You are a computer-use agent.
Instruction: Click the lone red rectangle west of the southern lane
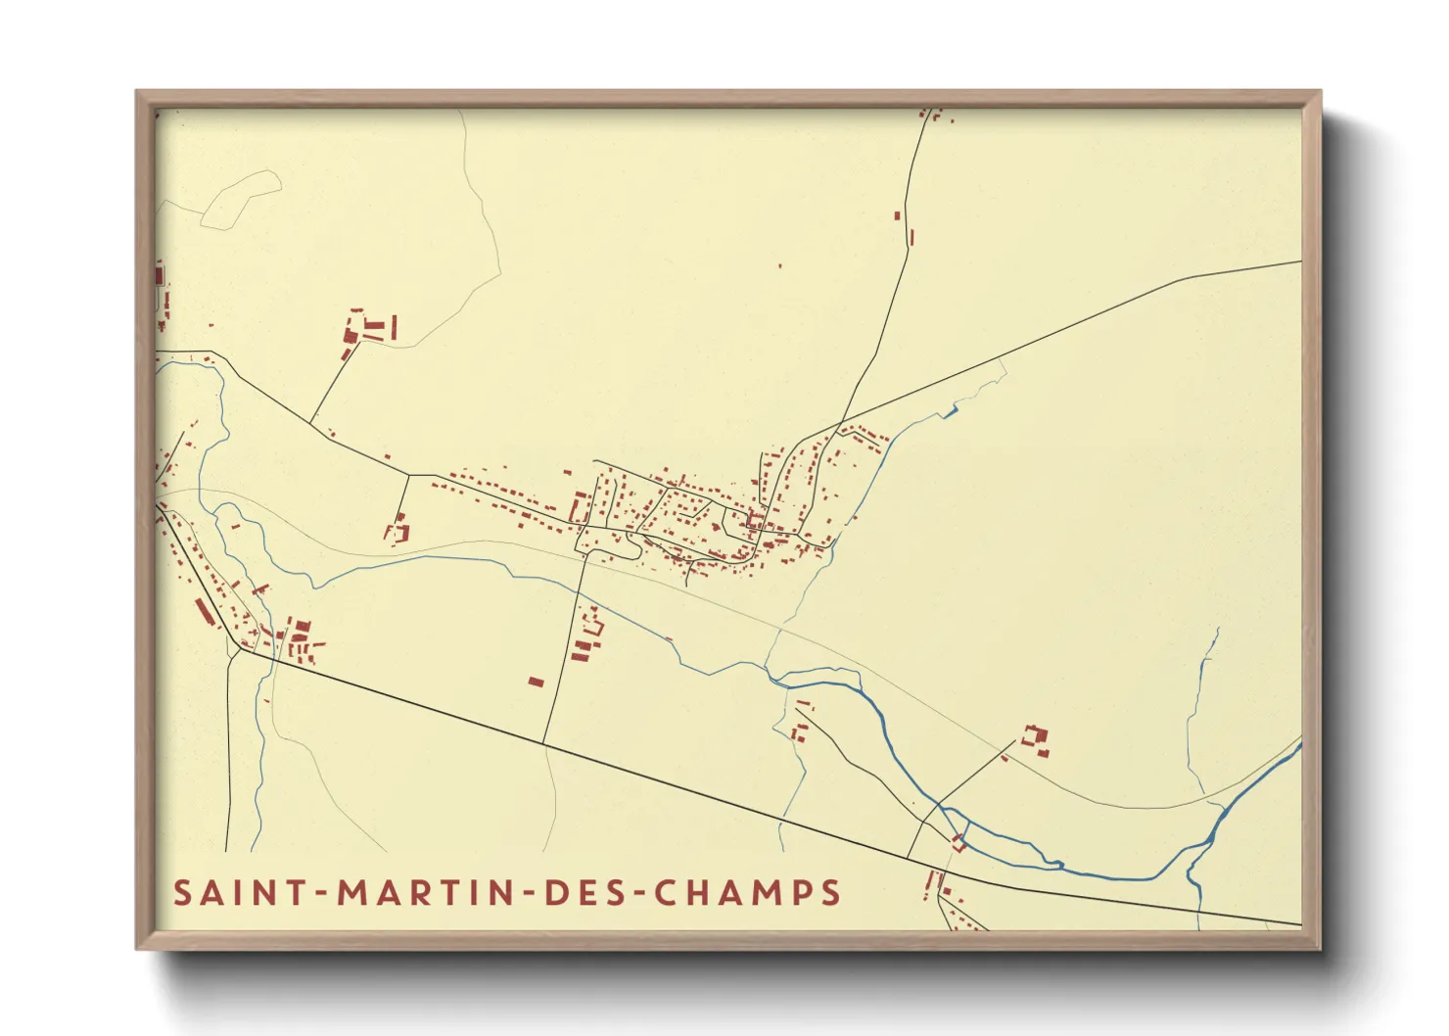point(536,682)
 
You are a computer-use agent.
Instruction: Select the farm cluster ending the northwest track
point(369,328)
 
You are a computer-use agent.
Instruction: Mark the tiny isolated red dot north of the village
point(780,265)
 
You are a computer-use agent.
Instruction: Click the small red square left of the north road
point(897,215)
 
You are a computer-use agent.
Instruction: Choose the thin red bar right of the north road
point(912,237)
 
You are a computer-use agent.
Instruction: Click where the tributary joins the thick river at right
point(1212,838)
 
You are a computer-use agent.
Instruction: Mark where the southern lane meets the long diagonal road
point(544,743)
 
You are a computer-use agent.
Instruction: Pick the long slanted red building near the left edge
point(203,612)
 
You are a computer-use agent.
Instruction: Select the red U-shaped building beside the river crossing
point(958,842)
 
